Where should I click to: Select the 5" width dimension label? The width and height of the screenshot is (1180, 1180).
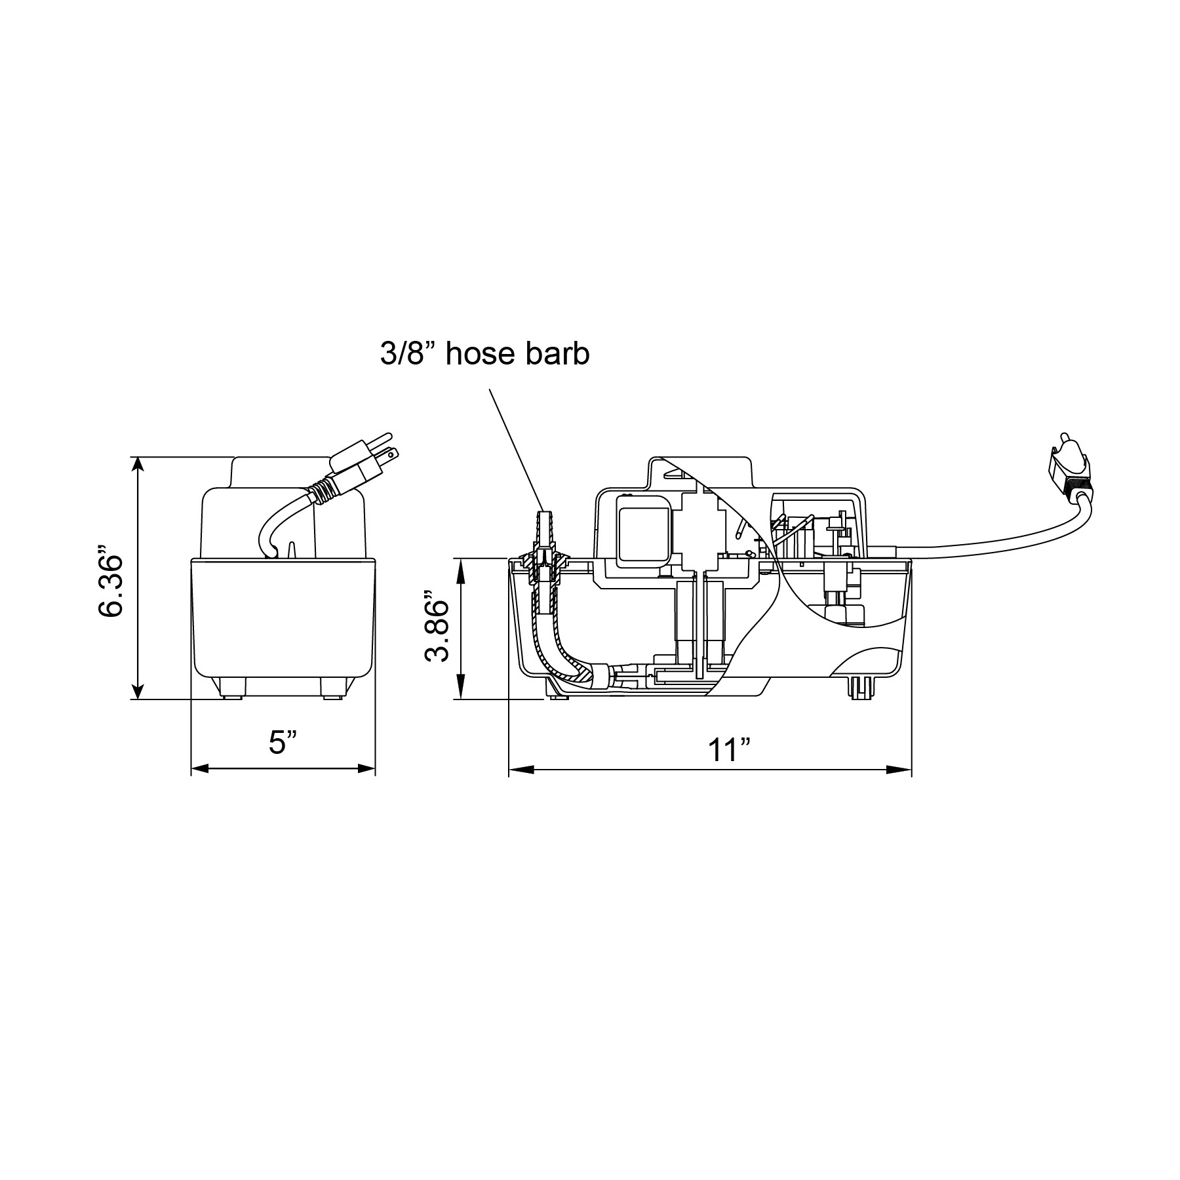point(283,742)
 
